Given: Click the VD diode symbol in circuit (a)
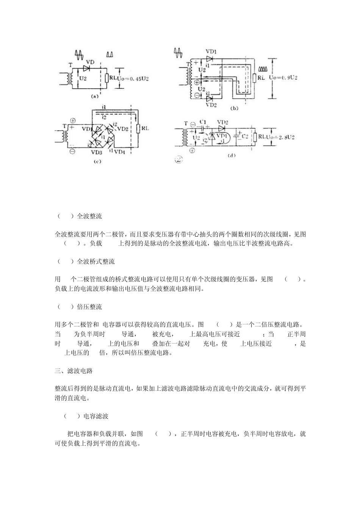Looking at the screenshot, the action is [86, 68].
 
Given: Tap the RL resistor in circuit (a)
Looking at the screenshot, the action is [106, 78].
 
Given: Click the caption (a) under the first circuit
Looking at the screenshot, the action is [95, 97].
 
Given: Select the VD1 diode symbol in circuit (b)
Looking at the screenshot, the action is [210, 59].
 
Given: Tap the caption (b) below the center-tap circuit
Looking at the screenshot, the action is [234, 108].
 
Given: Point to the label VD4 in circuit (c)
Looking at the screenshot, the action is [119, 152].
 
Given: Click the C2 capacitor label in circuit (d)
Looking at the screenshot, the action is [245, 136].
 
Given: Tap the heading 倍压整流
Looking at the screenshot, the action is [89, 307].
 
